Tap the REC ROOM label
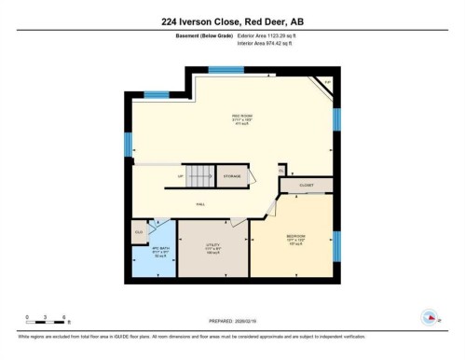coord(242,117)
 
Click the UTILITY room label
coord(212,248)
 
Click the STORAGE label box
coord(231,175)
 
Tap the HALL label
coord(199,203)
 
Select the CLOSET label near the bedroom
coord(307,186)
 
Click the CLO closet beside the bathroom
coord(138,230)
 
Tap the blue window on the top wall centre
coord(225,70)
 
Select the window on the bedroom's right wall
coord(336,246)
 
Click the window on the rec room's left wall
coord(129,145)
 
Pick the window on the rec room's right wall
coord(336,119)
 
